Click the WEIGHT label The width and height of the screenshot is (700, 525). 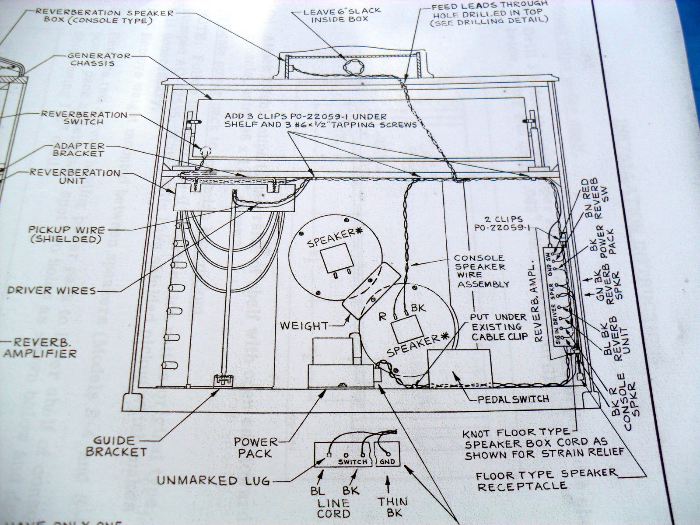pyautogui.click(x=304, y=326)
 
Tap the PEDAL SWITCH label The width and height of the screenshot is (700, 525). pyautogui.click(x=513, y=399)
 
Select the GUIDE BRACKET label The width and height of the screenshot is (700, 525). pyautogui.click(x=116, y=446)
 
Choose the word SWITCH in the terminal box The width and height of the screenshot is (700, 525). pyautogui.click(x=353, y=462)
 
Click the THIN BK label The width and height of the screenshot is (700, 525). pyautogui.click(x=392, y=507)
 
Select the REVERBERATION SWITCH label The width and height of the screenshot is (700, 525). pyautogui.click(x=84, y=118)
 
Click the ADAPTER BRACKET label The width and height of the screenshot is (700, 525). pyautogui.click(x=79, y=150)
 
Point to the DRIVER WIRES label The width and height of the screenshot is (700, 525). pyautogui.click(x=51, y=290)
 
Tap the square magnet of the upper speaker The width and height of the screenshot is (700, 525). pyautogui.click(x=337, y=258)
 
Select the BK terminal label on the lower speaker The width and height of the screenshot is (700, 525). pyautogui.click(x=419, y=308)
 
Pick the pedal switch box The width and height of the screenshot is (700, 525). pyautogui.click(x=459, y=367)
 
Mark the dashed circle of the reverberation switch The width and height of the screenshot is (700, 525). pyautogui.click(x=205, y=152)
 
